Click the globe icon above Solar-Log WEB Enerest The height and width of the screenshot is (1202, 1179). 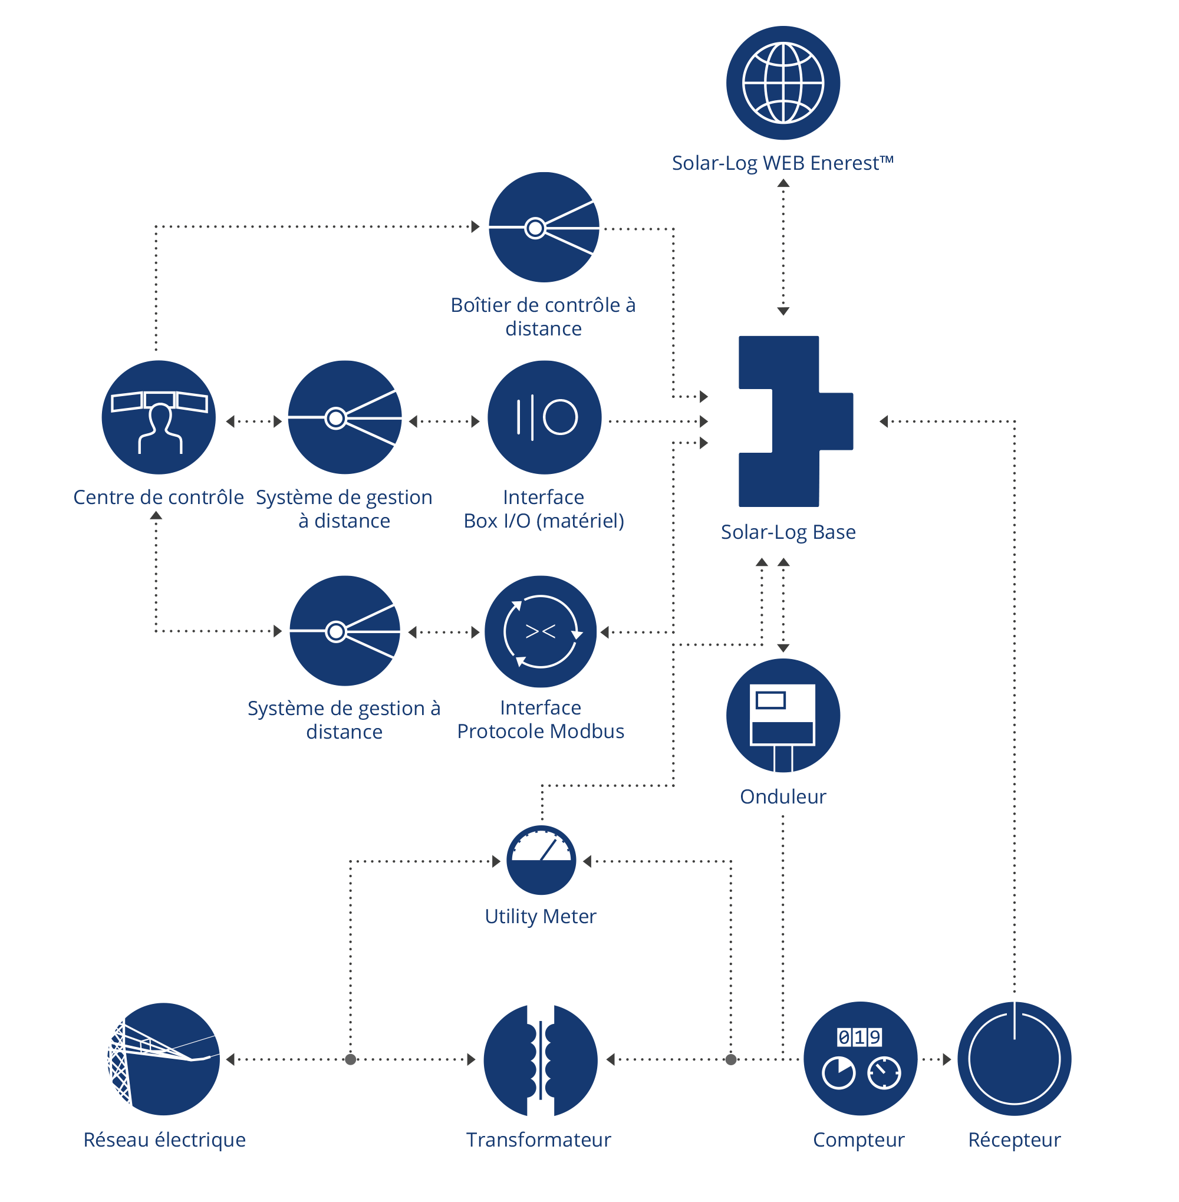click(783, 83)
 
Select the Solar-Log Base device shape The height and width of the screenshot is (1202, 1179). click(796, 421)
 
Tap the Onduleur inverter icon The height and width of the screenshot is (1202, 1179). click(783, 715)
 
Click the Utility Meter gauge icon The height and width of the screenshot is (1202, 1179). click(541, 860)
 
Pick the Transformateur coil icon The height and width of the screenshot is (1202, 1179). click(541, 1060)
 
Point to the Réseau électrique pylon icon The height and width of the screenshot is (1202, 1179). click(163, 1059)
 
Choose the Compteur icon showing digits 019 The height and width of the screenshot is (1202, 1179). click(860, 1059)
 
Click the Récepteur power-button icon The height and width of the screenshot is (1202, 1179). click(1015, 1059)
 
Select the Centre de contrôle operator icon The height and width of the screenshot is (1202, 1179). click(159, 417)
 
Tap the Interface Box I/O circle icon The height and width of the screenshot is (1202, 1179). click(544, 417)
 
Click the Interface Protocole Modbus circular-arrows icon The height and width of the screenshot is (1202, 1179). click(541, 631)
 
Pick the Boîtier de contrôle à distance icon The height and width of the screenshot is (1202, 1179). click(544, 228)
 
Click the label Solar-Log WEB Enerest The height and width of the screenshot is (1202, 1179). click(783, 163)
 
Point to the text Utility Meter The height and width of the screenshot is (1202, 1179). click(541, 917)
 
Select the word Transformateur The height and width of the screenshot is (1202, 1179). click(539, 1140)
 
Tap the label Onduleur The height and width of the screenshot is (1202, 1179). click(783, 796)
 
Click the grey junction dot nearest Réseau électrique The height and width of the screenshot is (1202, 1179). click(351, 1059)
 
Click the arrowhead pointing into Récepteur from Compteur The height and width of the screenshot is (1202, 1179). click(947, 1059)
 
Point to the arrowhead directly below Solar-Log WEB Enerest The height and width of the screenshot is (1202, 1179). click(783, 183)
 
